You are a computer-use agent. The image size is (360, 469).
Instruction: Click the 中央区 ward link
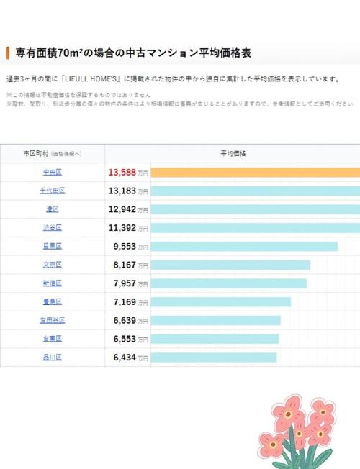coord(53,172)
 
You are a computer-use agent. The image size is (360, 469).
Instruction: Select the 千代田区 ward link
coord(53,191)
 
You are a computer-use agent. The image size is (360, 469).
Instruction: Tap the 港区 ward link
coord(53,209)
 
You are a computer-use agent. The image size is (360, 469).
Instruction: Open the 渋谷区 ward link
coord(53,228)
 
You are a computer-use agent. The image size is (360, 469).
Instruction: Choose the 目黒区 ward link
coord(53,246)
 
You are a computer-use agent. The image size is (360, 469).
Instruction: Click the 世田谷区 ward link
coord(53,320)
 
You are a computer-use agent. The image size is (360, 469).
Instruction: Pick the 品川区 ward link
coord(53,357)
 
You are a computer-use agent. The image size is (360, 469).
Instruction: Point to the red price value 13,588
coord(122,172)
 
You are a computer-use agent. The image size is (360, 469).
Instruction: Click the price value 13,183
coord(122,191)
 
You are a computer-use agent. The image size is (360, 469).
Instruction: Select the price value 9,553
coord(125,246)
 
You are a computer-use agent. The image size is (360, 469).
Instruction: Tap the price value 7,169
coord(125,301)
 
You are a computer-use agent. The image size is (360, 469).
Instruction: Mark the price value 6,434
coord(125,357)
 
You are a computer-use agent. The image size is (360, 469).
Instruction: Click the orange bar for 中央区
coord(256,172)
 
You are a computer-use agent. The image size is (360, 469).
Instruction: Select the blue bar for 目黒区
coord(245,246)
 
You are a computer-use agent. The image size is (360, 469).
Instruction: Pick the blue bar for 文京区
coord(231,265)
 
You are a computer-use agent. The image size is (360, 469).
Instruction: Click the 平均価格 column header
coord(233,154)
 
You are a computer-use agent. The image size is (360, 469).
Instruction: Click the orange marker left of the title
coord(7,53)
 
